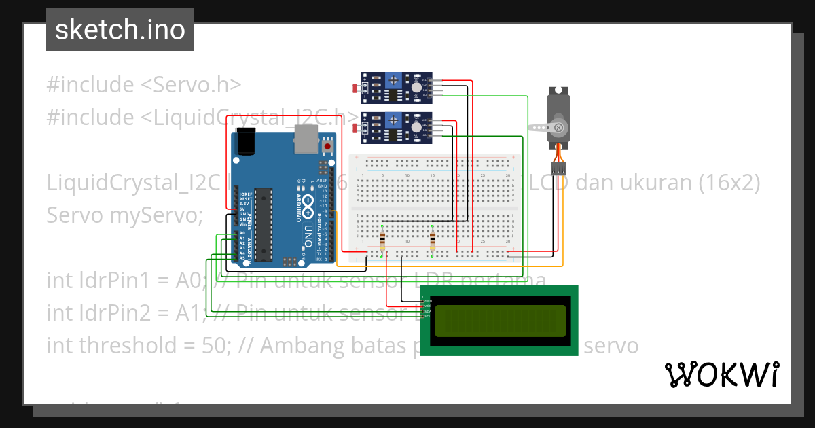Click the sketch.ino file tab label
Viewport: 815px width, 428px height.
tap(120, 30)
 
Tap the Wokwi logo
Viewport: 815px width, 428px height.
tap(721, 374)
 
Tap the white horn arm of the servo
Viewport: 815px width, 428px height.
tap(547, 127)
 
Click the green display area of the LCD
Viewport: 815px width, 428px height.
tap(500, 321)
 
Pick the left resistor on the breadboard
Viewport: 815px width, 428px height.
tap(383, 240)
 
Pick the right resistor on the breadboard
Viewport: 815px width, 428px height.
tap(433, 240)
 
